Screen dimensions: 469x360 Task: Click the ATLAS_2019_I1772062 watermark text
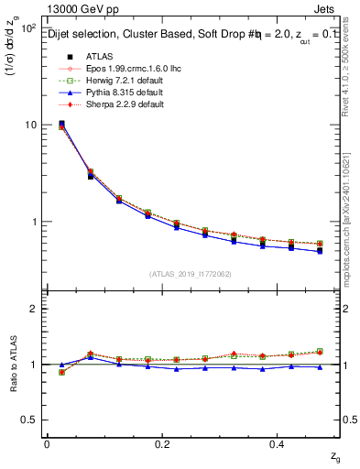(x=191, y=274)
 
